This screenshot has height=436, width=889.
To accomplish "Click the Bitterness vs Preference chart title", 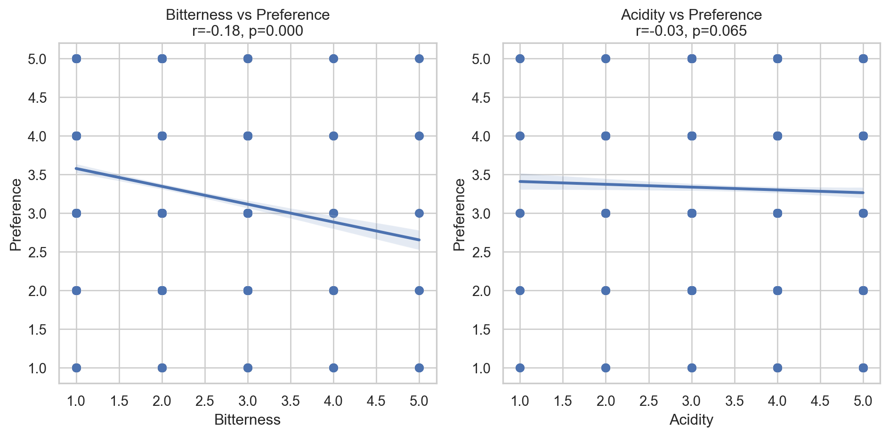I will click(x=248, y=15).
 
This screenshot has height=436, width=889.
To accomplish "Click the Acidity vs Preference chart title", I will click(x=691, y=15).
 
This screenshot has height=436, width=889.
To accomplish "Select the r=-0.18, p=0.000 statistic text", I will click(x=248, y=31).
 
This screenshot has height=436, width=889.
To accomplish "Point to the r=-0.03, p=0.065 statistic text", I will click(x=691, y=31).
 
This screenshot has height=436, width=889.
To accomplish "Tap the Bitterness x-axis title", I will click(x=247, y=420).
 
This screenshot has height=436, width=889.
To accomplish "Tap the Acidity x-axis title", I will click(x=691, y=420).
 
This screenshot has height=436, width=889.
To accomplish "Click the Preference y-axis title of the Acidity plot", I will click(x=459, y=214).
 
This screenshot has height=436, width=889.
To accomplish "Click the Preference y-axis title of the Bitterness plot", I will click(x=16, y=214).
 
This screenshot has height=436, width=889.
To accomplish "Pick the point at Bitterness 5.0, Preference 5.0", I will click(x=419, y=59).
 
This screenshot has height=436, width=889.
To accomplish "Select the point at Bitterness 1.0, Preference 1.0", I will click(x=76, y=368).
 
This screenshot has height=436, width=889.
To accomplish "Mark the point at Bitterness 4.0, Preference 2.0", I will click(x=333, y=290).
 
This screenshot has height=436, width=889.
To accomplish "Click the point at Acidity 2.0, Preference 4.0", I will click(x=606, y=136).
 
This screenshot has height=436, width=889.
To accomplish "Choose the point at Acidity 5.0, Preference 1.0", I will click(x=863, y=368).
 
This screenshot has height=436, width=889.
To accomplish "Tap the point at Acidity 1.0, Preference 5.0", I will click(x=520, y=59).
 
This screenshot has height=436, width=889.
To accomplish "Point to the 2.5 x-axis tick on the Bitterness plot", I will click(x=205, y=401).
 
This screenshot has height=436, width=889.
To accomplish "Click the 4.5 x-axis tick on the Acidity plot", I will click(x=820, y=401).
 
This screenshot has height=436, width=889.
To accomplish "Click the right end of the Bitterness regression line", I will click(x=419, y=240).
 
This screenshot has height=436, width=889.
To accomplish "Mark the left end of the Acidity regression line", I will click(x=520, y=181).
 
